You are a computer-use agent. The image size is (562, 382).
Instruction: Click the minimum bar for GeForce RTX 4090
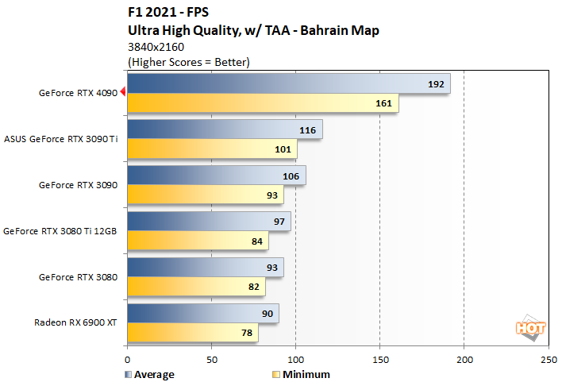coord(262,103)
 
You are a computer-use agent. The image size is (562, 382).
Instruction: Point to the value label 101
coord(284,149)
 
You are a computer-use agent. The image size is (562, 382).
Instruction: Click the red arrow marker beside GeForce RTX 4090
coord(122,93)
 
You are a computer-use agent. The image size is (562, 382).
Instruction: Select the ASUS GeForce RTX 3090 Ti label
coord(61,139)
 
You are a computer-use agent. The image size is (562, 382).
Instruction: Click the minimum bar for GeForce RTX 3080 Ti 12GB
coord(198,241)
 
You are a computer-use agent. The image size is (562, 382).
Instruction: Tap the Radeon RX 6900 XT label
coord(75,323)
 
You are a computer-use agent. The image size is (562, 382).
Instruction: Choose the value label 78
coord(248,334)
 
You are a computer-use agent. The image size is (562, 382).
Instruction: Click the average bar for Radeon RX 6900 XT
coord(202,314)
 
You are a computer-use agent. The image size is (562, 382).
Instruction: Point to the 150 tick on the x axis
coord(379,359)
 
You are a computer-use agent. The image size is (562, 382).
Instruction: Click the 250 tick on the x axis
coord(547,359)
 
